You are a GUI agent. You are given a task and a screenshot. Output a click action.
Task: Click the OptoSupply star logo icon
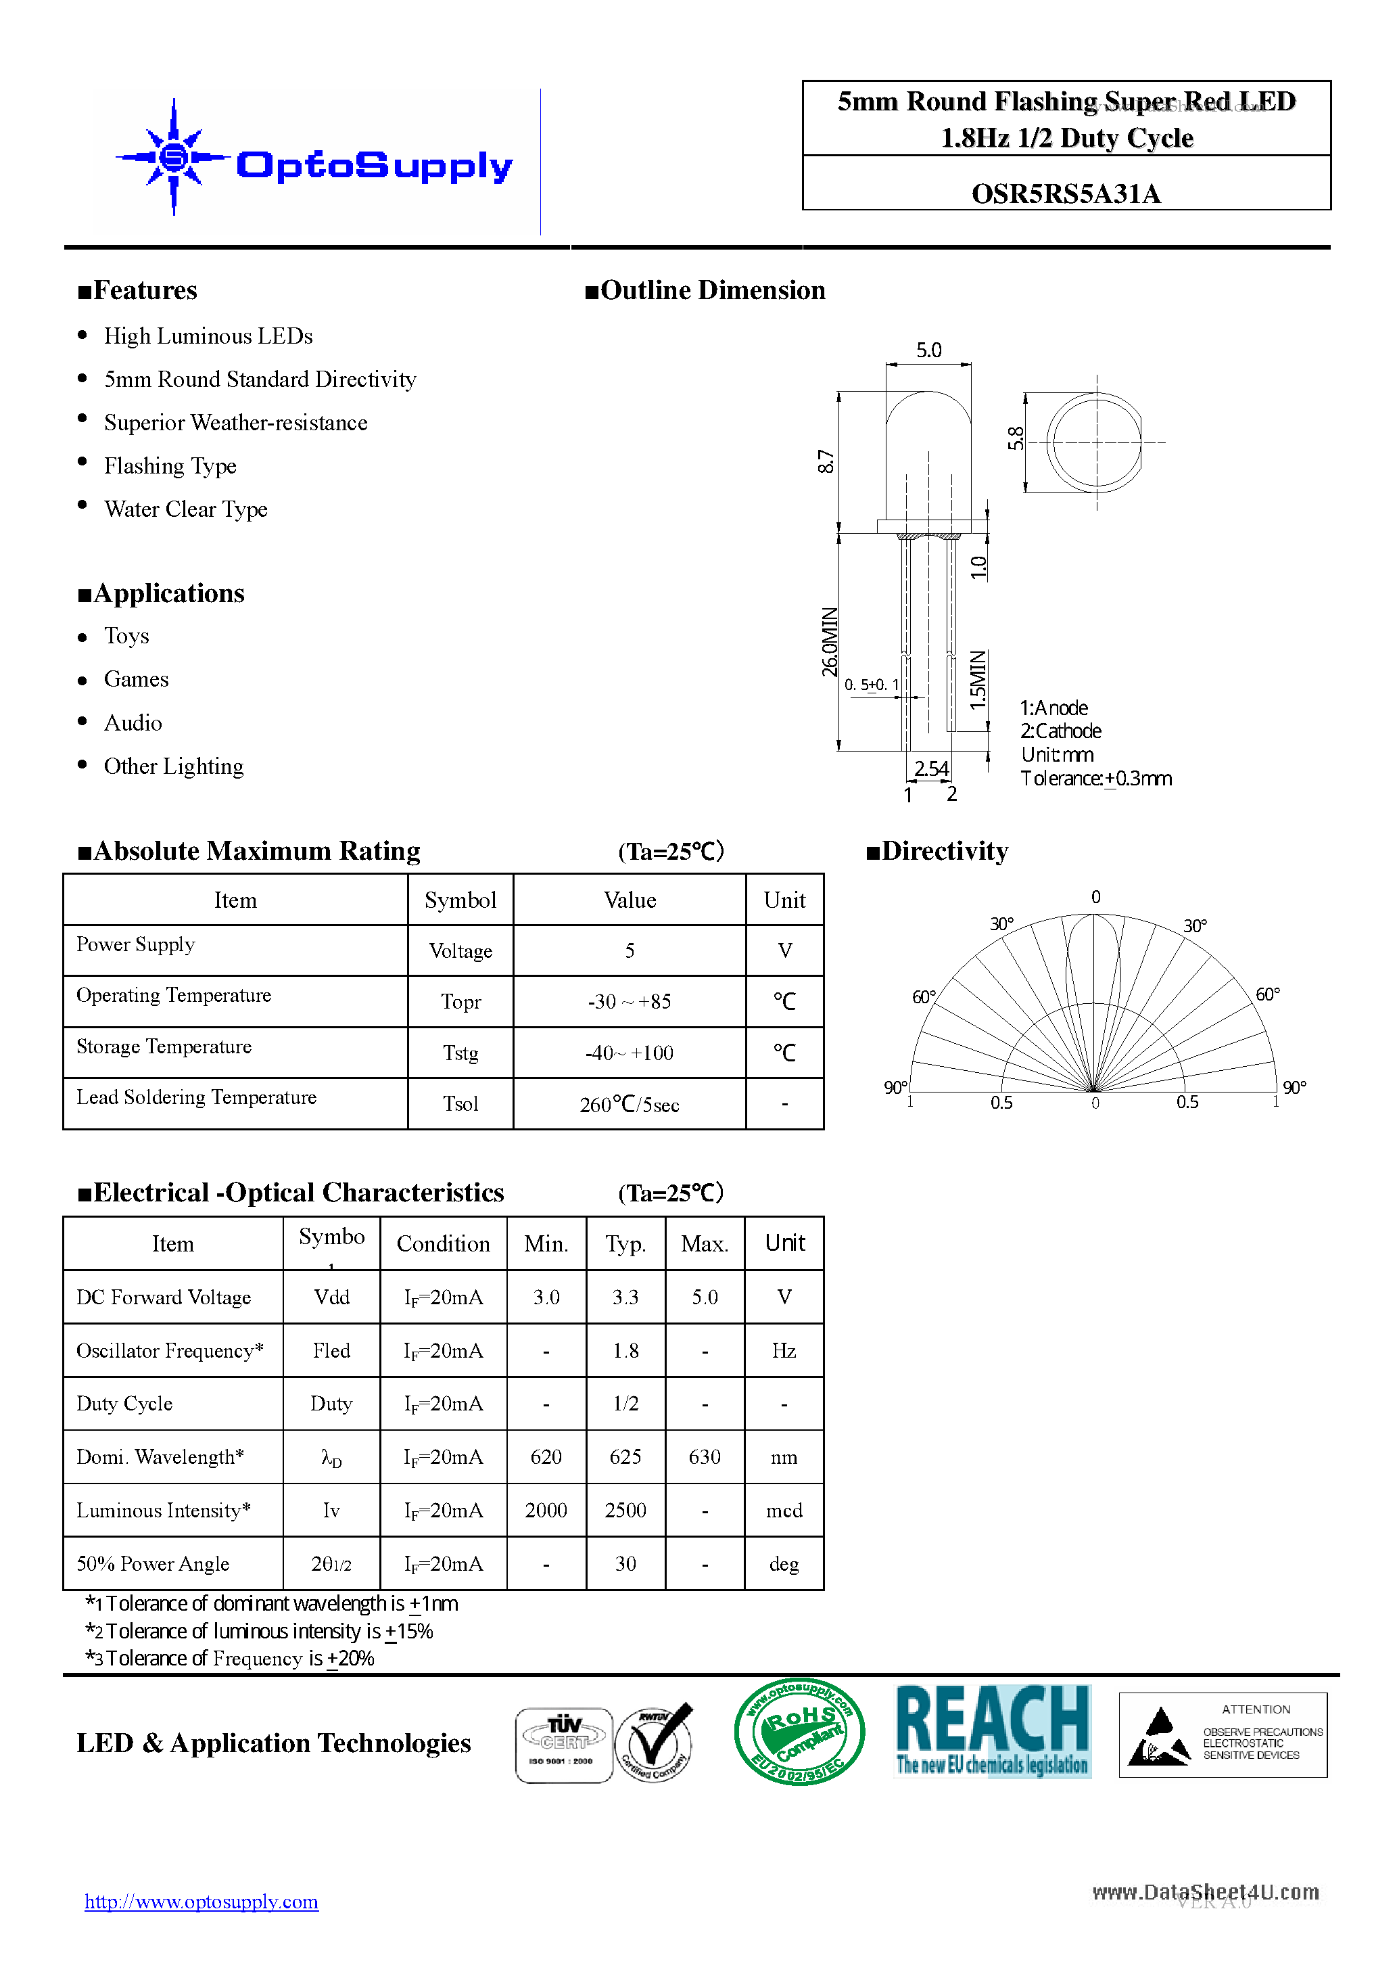coord(174,157)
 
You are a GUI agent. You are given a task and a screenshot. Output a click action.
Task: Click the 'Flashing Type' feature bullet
coord(170,466)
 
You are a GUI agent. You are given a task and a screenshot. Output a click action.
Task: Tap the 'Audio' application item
coord(133,722)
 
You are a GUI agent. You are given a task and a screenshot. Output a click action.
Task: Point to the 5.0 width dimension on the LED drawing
coord(928,350)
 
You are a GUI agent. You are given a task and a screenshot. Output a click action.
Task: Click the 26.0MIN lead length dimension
coord(828,642)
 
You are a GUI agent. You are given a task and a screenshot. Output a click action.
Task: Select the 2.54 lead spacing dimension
coord(931,768)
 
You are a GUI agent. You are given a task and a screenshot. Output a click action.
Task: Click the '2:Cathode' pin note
coord(1060,731)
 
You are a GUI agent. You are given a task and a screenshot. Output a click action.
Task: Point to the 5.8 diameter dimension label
coord(1016,438)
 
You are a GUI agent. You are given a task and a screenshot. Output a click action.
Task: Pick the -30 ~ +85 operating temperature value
coord(629,1002)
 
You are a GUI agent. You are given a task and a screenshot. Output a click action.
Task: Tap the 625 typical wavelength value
coord(625,1457)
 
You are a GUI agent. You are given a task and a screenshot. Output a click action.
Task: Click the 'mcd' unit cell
coord(784,1510)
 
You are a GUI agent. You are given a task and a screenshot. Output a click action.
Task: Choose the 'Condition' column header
coord(443,1244)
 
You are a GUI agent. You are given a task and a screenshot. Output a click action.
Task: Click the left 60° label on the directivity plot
coord(923,996)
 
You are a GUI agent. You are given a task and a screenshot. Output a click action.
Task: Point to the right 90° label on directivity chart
coord(1294,1088)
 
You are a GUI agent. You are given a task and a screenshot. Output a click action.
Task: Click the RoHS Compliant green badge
coord(799,1732)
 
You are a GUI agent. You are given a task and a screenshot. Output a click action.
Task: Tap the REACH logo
coord(992,1730)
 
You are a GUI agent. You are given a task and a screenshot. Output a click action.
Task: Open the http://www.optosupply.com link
coord(202,1902)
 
